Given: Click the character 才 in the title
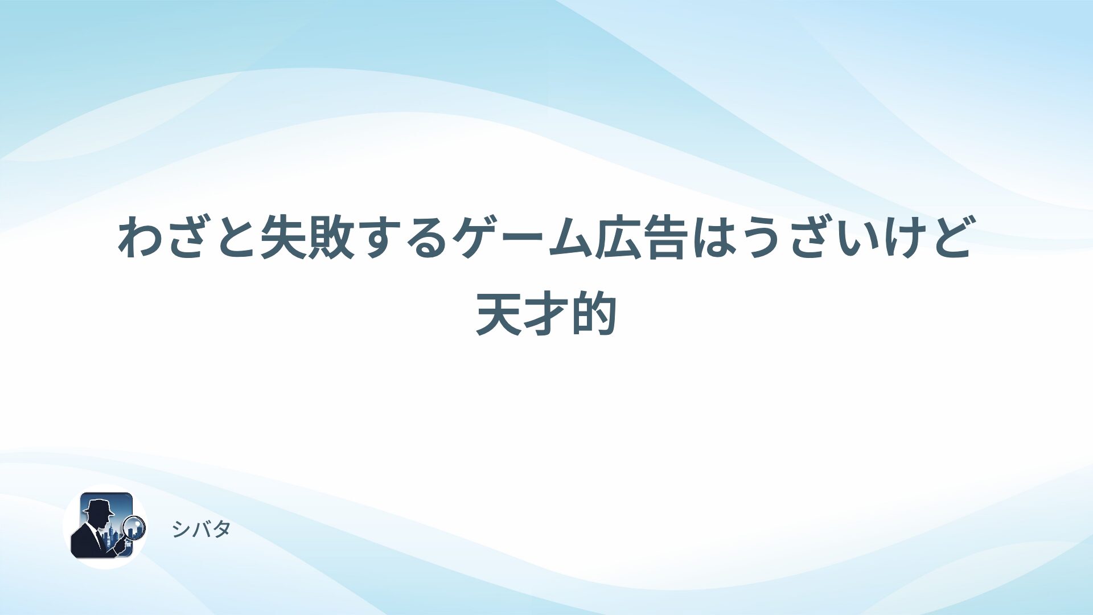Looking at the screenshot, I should point(546,314).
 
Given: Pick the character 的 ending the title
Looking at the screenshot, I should point(594,314).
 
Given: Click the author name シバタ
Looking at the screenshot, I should point(201,530).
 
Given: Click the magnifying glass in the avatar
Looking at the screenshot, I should point(135,527).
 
